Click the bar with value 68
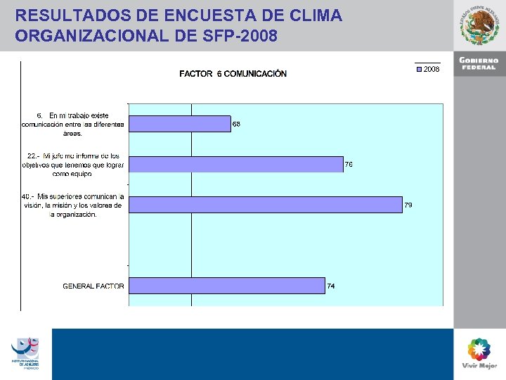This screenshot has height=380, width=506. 180,124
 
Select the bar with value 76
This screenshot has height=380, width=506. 236,164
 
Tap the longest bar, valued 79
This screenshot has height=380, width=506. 266,205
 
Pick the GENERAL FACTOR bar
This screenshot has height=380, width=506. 227,286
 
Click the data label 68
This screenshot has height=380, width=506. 237,125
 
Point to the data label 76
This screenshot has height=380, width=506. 348,165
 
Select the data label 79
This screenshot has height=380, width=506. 408,205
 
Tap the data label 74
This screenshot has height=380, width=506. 330,286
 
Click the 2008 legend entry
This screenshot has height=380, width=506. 428,70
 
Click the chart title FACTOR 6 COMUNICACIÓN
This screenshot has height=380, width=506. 233,74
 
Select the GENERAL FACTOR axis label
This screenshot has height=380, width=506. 93,286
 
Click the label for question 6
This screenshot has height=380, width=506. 73,124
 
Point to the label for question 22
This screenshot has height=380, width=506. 73,164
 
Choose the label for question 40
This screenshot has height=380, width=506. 72,205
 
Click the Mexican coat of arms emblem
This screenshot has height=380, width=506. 480,26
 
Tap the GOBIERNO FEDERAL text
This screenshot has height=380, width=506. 479,63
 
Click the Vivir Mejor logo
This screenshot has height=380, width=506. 479,353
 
